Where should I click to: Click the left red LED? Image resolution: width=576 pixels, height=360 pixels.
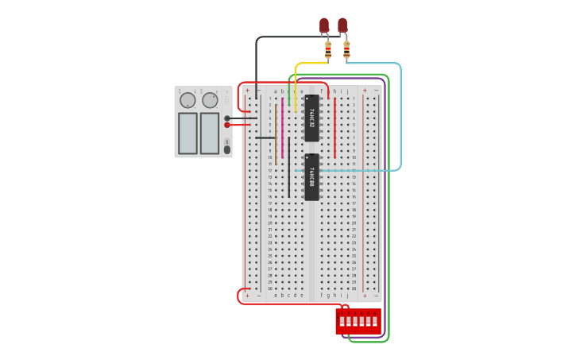click(324, 25)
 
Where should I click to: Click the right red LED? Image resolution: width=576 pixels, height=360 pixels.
click(342, 25)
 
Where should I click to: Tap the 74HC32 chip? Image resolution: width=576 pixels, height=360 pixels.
click(311, 118)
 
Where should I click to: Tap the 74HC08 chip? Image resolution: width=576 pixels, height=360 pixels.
click(311, 176)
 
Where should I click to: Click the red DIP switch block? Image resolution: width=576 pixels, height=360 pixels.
click(358, 321)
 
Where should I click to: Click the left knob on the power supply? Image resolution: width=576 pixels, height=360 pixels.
click(187, 100)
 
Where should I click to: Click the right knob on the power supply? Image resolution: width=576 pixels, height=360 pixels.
click(210, 100)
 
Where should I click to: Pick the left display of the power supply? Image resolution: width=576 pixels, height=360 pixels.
click(187, 133)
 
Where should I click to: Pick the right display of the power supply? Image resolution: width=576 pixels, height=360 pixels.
click(210, 133)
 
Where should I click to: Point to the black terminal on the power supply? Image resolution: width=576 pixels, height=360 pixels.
click(227, 118)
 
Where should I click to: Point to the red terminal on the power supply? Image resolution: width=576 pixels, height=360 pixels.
click(227, 125)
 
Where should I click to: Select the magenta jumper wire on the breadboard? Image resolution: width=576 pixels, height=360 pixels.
click(282, 127)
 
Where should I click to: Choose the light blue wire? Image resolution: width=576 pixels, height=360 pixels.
click(400, 119)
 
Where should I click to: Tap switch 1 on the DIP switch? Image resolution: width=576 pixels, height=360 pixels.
click(341, 322)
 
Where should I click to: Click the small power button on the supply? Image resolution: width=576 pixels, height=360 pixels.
click(227, 149)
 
